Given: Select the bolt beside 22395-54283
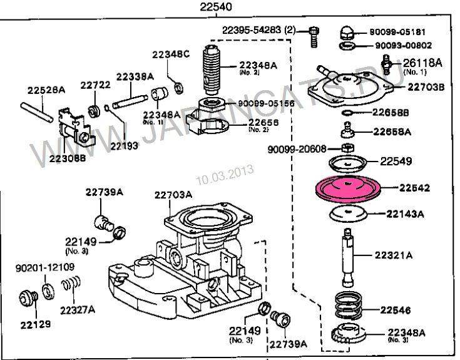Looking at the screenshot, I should pos(313,37).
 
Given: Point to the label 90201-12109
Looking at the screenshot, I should pos(45,267).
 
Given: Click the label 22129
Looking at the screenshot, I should pos(36,326).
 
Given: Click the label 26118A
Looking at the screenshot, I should pos(422,63).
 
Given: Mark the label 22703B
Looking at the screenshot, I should pos(426,86).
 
